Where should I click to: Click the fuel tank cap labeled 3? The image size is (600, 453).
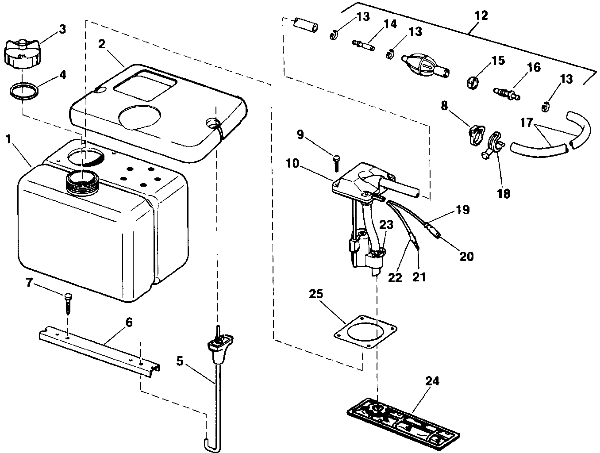[x=21, y=54]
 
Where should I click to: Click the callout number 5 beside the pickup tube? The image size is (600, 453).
[x=179, y=361]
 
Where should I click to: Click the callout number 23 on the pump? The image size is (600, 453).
[x=386, y=225]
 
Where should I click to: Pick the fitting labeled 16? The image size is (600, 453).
[x=506, y=93]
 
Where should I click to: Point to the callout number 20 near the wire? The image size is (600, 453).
[x=466, y=256]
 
